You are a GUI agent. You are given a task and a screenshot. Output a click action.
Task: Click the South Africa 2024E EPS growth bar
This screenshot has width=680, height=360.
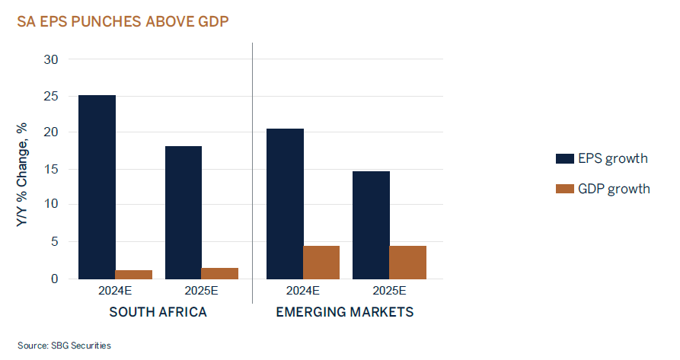click(97, 187)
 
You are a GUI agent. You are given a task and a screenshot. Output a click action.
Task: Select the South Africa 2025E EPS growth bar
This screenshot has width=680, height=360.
click(183, 212)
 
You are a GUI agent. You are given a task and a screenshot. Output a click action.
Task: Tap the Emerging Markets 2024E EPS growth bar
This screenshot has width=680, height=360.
click(285, 204)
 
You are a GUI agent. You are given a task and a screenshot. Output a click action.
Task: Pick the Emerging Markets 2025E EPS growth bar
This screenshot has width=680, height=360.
click(371, 225)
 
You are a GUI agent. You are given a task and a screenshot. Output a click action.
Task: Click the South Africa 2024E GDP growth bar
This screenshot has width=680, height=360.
click(134, 275)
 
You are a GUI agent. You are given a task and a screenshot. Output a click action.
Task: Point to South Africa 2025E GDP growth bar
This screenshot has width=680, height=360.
click(220, 273)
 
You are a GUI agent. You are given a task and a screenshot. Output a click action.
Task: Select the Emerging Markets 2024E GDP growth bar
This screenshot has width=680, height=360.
click(321, 263)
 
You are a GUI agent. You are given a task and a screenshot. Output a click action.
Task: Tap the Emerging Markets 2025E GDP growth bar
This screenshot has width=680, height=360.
click(407, 263)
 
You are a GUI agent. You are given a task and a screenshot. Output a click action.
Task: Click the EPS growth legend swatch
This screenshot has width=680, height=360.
click(564, 158)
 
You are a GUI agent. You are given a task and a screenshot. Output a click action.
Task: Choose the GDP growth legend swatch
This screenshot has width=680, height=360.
click(564, 188)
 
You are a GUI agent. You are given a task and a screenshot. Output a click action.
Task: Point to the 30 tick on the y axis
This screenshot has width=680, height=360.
click(51, 59)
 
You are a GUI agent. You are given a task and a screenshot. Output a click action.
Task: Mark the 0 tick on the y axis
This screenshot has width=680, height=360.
click(54, 279)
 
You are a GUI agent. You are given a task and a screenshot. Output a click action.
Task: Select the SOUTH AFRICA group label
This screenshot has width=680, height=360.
click(158, 312)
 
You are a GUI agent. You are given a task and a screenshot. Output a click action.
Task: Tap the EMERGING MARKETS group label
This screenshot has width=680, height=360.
click(345, 312)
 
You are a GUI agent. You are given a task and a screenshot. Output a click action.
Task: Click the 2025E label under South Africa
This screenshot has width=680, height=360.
click(201, 292)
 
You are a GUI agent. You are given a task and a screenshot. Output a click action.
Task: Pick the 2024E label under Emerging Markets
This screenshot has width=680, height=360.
click(303, 292)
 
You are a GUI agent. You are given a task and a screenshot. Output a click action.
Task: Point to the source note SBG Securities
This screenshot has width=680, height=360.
click(65, 346)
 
